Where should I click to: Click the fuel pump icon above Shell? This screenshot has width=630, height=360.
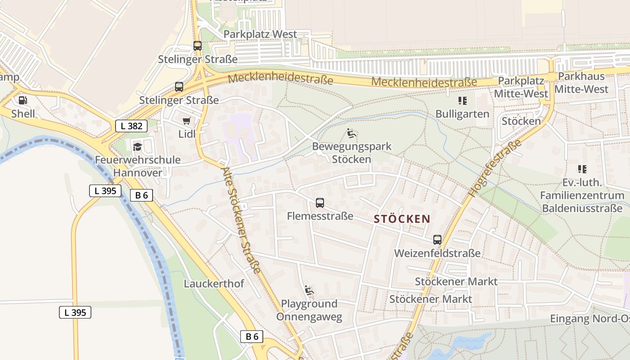22,100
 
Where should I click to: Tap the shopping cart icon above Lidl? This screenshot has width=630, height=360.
187,121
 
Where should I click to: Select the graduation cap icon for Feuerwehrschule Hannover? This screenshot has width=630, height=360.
137,147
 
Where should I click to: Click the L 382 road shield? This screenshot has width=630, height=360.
131,126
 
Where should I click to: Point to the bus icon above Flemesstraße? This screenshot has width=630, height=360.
320,202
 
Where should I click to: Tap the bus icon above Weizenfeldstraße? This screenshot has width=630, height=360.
437,240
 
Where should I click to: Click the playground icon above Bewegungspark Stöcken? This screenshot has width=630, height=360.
351,133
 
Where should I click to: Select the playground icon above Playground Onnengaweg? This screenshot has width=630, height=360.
309,290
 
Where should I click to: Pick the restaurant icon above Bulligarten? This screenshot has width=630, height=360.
462,101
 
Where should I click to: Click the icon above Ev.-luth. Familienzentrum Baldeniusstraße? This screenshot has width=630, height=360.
582,169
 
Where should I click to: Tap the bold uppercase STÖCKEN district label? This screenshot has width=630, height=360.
402,219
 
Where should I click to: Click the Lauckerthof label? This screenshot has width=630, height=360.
214,283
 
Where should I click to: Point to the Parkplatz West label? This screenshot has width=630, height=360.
260,34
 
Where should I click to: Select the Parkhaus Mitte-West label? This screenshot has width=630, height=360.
581,82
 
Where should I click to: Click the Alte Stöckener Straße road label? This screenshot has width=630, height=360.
242,220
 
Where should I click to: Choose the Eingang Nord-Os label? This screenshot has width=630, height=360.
589,319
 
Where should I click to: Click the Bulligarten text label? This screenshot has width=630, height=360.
462,114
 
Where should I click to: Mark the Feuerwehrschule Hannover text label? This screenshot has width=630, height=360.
138,166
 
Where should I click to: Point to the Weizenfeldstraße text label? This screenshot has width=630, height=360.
437,253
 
